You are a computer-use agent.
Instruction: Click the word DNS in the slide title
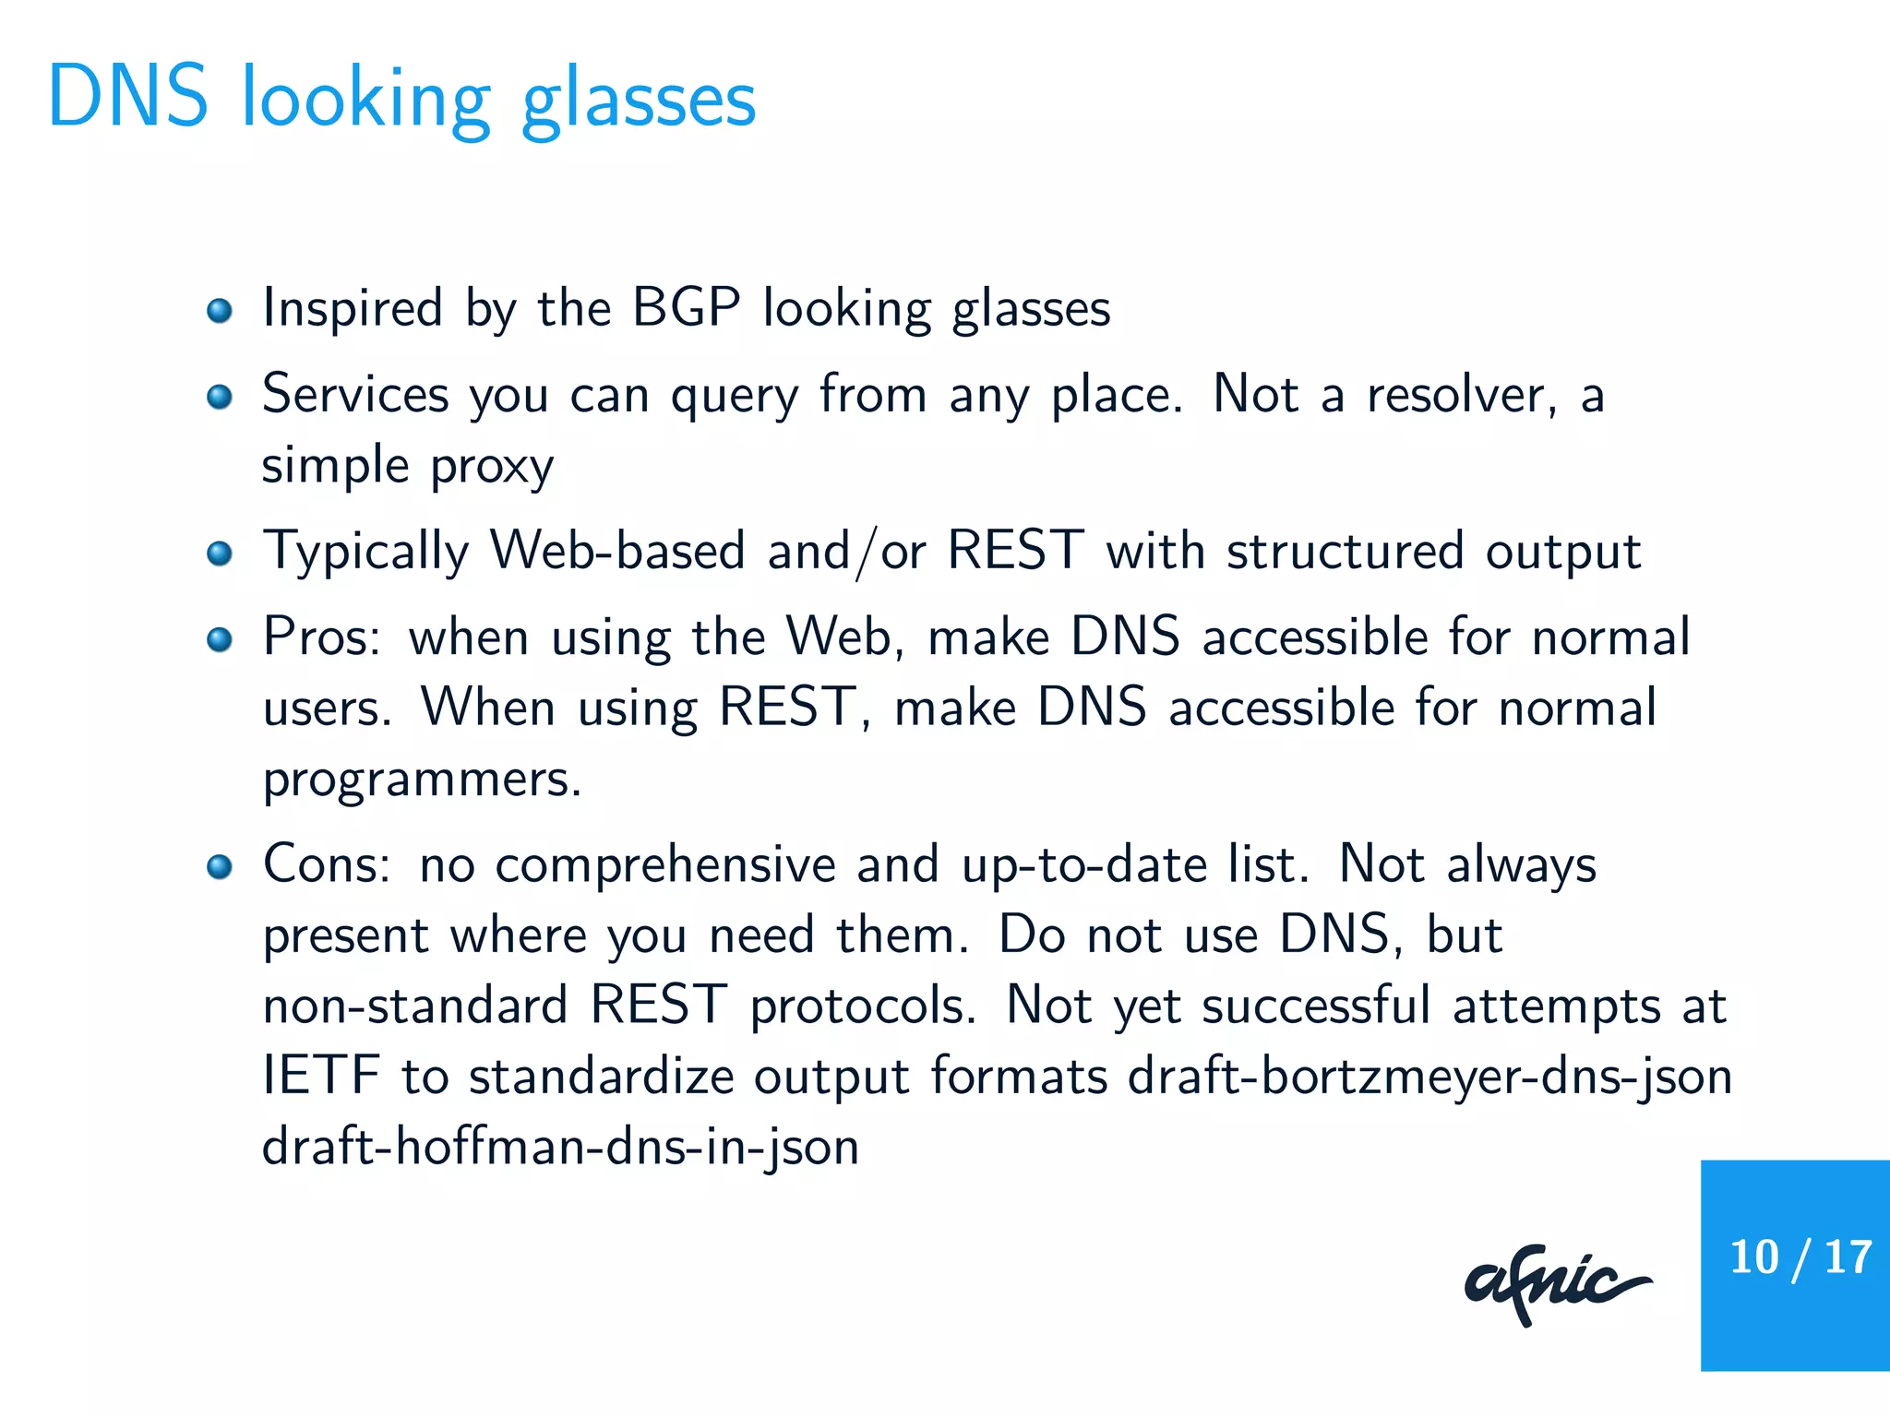128,97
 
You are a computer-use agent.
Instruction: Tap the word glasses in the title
639,101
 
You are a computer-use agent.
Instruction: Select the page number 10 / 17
1800,1257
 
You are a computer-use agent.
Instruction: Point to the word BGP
686,307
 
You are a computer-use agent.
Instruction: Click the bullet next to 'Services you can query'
220,397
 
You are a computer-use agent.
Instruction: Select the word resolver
1461,395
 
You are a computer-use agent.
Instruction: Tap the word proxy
492,467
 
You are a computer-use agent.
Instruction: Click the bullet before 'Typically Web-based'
220,554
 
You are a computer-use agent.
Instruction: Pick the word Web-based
616,551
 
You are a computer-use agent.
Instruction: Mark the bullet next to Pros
220,639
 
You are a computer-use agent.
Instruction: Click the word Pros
320,637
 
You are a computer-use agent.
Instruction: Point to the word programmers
422,780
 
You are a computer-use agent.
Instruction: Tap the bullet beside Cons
220,867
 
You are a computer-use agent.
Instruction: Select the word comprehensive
665,866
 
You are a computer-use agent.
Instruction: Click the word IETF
321,1076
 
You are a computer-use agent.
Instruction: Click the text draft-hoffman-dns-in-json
560,1148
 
